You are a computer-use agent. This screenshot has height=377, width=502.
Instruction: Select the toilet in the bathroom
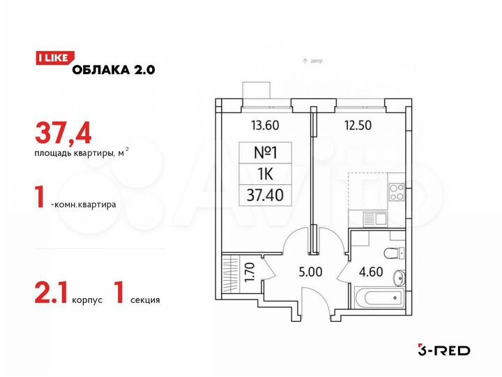[393, 253]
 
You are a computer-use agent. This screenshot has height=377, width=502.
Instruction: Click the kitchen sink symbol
[377, 219]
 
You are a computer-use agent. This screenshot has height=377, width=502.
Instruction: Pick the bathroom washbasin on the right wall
[400, 278]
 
